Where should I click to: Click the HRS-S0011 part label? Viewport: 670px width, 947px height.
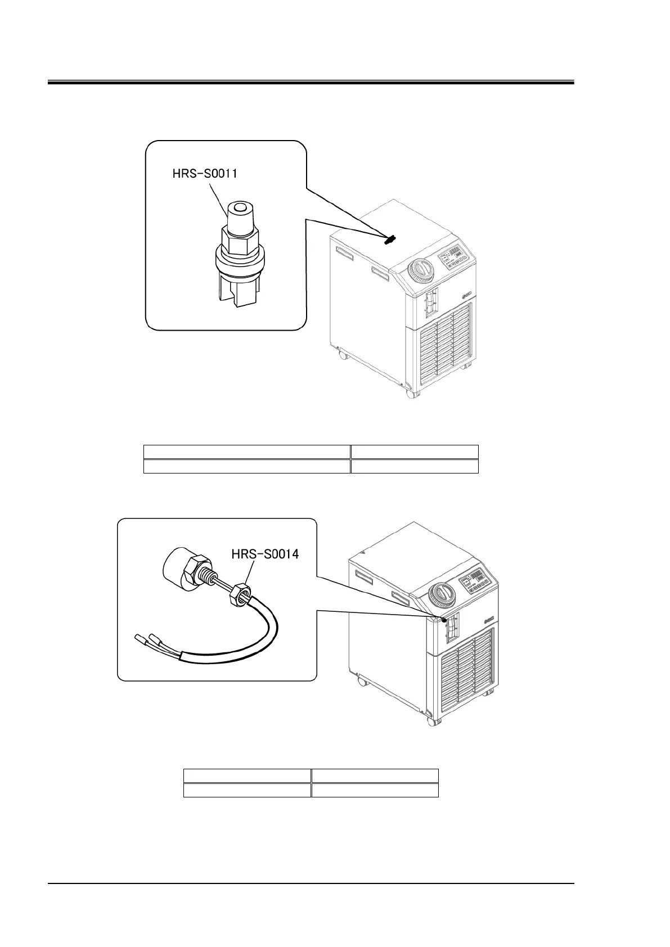[204, 174]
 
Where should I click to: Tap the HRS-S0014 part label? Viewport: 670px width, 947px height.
[265, 554]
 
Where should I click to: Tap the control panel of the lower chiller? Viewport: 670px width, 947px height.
[476, 582]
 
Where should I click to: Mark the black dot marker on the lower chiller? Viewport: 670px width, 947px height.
[444, 620]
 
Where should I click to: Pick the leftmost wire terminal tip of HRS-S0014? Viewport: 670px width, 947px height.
[139, 638]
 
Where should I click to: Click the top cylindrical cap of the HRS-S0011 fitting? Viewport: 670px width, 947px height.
[237, 213]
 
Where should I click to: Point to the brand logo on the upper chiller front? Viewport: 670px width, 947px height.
[466, 292]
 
